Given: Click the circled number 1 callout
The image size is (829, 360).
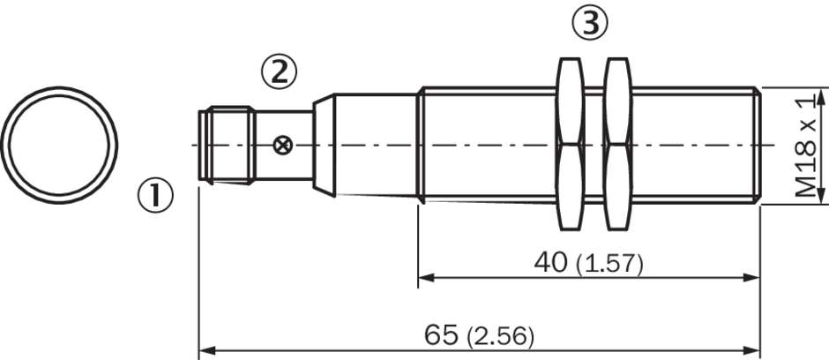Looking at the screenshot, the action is pyautogui.click(x=155, y=195).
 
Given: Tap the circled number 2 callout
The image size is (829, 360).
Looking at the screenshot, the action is pyautogui.click(x=280, y=72).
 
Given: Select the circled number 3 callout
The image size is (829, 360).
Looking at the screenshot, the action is pyautogui.click(x=590, y=23).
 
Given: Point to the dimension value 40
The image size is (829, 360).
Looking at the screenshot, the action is pyautogui.click(x=550, y=262).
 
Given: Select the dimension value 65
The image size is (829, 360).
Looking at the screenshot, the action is pyautogui.click(x=442, y=335).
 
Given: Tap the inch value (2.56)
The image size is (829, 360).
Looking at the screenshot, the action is pyautogui.click(x=500, y=337).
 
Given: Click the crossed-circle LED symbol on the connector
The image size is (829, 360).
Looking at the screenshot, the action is pyautogui.click(x=283, y=145).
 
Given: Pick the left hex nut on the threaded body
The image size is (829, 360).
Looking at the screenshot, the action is pyautogui.click(x=571, y=145).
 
